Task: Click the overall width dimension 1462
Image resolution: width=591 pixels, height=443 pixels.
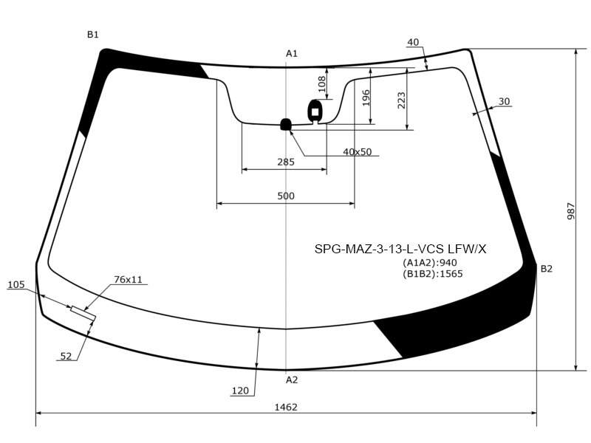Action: point(286,408)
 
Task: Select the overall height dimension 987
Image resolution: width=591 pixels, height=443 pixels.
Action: point(571,211)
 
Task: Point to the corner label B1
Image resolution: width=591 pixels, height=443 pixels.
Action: point(93,35)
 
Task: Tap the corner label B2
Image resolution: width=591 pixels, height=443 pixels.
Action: point(547,269)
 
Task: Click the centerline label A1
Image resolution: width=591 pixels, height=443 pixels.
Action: point(292,53)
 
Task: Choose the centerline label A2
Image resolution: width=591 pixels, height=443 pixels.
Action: point(292,380)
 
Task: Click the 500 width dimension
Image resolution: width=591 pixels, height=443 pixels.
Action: point(286,196)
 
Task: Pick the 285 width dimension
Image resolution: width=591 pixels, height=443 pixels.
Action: point(286,162)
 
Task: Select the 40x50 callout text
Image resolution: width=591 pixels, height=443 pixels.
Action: point(358,152)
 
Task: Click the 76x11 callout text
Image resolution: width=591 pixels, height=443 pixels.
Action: point(128,280)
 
